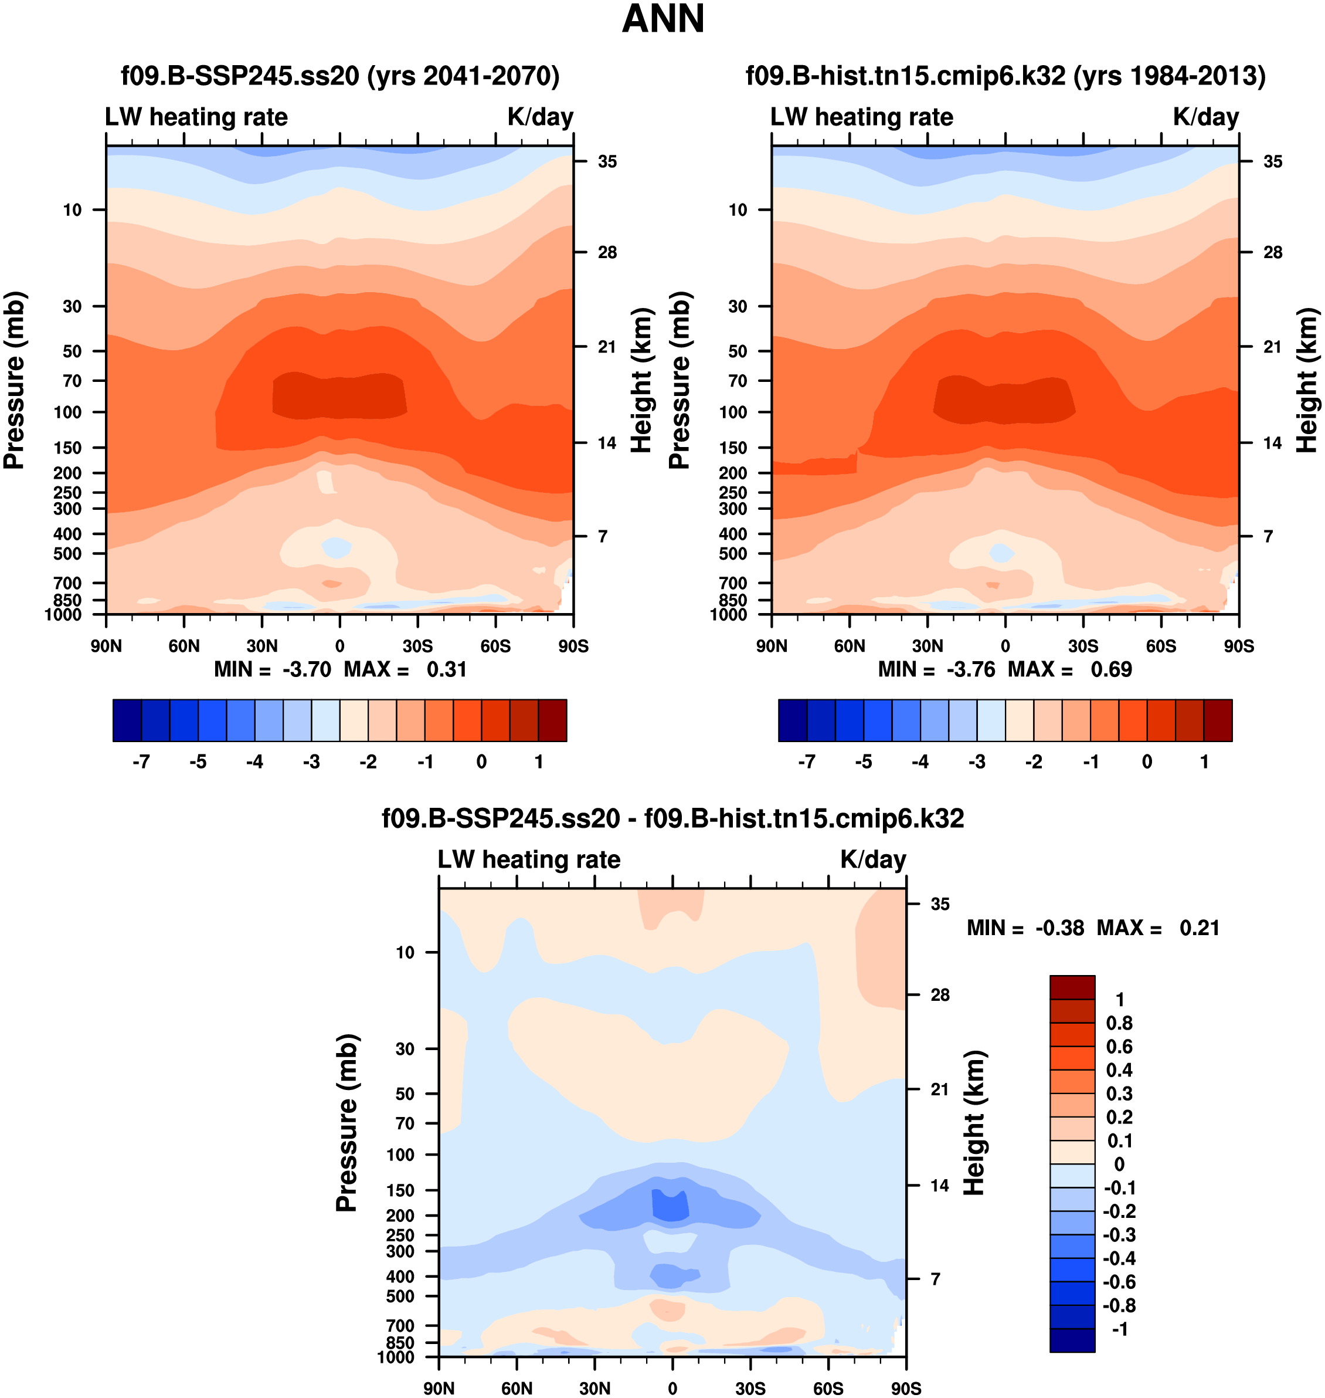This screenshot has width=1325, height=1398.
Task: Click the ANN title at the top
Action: click(662, 19)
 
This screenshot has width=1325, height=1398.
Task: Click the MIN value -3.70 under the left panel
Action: click(307, 669)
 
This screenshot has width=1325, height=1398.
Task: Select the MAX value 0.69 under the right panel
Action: click(1111, 669)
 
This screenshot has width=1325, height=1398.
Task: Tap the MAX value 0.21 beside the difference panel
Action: click(1200, 928)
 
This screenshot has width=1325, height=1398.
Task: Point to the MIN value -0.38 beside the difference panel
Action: click(1059, 928)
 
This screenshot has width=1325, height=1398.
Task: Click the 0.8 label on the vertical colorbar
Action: click(1119, 1023)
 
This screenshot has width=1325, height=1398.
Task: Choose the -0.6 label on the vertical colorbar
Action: click(1119, 1282)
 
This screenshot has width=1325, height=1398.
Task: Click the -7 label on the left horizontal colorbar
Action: click(141, 762)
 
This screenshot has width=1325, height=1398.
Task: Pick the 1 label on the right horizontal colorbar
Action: click(1204, 762)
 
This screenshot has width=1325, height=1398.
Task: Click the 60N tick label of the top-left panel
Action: click(184, 646)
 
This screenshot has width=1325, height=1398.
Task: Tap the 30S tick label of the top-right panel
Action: click(1083, 646)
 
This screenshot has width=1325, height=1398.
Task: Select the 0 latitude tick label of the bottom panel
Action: click(672, 1388)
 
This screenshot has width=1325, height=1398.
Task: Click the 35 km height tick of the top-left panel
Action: click(607, 162)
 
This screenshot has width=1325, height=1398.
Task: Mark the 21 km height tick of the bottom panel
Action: click(939, 1089)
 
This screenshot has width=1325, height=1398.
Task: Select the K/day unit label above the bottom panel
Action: click(873, 859)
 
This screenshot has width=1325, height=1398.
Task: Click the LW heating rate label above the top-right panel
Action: click(862, 117)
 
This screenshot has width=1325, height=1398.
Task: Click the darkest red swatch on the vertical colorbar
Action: click(1072, 987)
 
